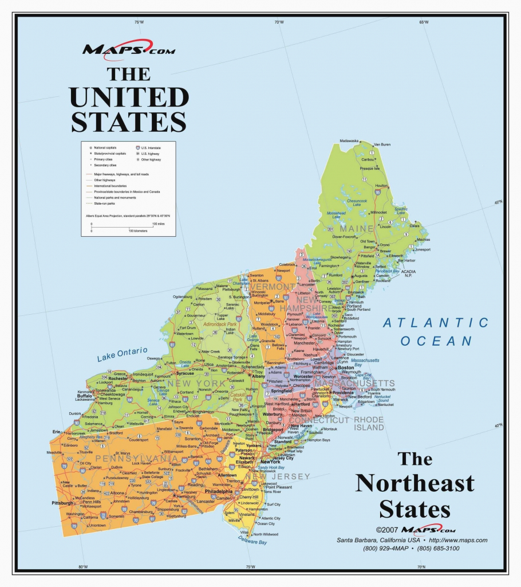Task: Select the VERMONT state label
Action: (273, 287)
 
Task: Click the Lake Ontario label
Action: (122, 354)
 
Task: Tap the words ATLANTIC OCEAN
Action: (436, 332)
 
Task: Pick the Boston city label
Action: (345, 368)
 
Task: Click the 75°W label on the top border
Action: (139, 22)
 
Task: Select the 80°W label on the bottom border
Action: (82, 567)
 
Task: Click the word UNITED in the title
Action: (129, 97)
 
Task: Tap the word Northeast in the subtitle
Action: (415, 483)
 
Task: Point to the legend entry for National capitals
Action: (104, 147)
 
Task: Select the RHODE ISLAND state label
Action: (369, 424)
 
